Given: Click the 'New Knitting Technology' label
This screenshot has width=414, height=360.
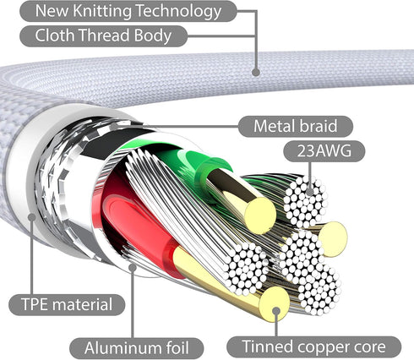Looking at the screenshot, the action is [128, 11].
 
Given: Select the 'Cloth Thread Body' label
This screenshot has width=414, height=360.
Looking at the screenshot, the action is [103, 35].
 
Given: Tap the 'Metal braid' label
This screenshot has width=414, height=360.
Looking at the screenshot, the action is [296, 126].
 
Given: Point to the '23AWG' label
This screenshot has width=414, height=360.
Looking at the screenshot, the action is [324, 151].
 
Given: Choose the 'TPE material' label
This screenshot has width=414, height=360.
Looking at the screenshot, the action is [67, 305].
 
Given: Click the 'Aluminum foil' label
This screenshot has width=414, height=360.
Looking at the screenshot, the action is [137, 348].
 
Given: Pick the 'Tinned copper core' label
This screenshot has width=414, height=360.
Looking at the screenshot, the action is [313, 346].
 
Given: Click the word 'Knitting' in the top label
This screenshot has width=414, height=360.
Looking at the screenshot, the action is [102, 12].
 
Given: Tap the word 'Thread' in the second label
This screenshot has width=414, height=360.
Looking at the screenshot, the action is [104, 35].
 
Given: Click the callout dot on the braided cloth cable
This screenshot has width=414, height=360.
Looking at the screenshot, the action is [255, 72].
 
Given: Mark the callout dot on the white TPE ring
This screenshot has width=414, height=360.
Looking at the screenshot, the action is [31, 217].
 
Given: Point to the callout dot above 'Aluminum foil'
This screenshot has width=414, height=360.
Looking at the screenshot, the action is [133, 267].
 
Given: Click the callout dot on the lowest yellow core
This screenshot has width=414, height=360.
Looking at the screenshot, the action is [276, 311].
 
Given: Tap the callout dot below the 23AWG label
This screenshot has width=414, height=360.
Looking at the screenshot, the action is [309, 192].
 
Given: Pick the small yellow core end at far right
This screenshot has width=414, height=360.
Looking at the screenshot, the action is [334, 239].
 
